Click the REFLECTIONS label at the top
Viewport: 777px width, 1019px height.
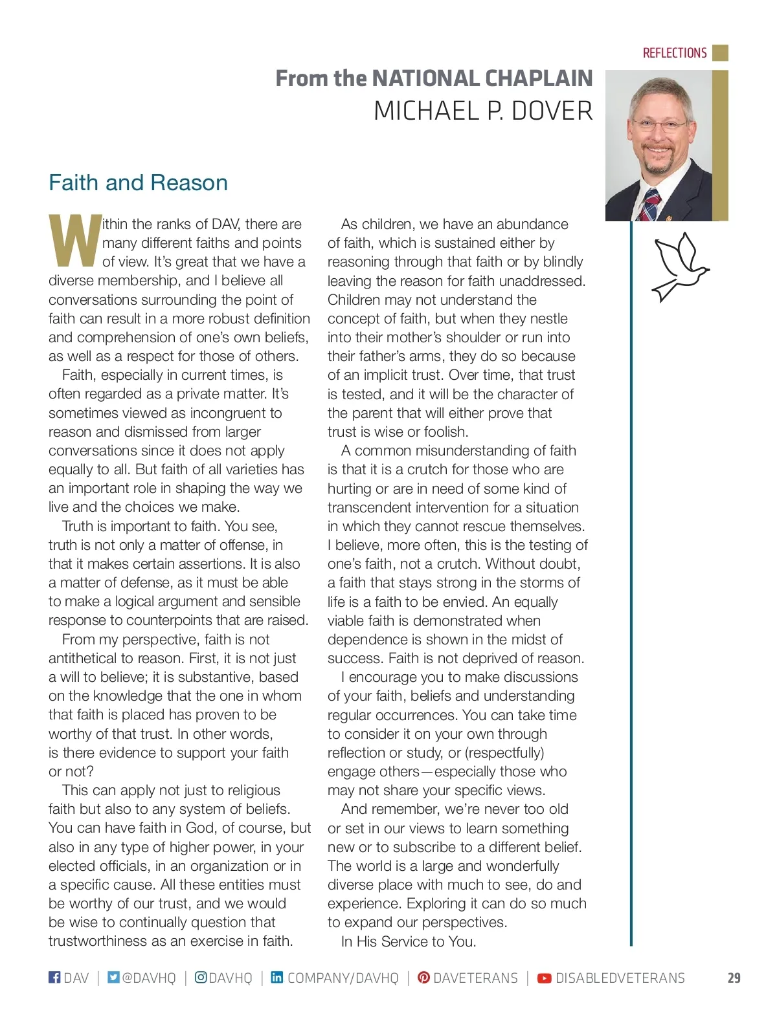674,53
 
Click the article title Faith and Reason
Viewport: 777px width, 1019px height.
138,182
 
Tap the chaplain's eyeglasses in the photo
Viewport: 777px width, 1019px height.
659,125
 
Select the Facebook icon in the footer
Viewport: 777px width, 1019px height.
54,977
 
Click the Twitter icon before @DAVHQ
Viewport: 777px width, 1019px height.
113,977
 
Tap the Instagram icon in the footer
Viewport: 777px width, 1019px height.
201,977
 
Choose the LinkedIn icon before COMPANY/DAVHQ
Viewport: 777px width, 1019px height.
276,977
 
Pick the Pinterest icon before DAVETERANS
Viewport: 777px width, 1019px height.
423,977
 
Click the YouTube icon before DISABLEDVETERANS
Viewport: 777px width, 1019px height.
545,978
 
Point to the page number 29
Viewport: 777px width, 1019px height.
734,978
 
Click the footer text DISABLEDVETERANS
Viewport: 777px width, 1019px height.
620,978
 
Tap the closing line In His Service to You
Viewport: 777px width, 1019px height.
409,941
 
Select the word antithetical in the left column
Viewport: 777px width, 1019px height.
91,658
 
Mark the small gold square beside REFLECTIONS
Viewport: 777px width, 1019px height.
720,52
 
